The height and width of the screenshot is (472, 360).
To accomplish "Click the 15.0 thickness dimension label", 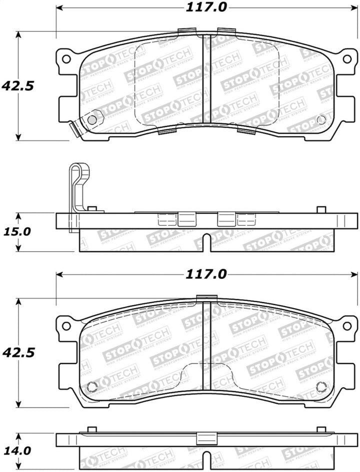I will [18, 232].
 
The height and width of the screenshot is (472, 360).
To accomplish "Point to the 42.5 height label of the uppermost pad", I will [17, 85].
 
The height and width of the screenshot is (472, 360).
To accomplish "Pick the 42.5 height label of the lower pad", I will [17, 353].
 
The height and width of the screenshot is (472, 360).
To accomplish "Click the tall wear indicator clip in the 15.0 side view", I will [77, 195].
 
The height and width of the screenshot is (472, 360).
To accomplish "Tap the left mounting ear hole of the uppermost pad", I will [65, 59].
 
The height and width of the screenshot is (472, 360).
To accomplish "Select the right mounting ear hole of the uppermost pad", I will [347, 59].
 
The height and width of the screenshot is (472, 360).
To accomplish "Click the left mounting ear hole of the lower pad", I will [65, 326].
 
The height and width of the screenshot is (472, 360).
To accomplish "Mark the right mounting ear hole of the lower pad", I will [347, 326].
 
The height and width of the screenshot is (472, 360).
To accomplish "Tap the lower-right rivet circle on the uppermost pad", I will [321, 119].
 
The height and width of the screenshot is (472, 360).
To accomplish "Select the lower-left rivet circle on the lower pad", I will [92, 386].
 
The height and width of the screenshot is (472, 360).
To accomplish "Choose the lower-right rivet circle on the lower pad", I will [321, 386].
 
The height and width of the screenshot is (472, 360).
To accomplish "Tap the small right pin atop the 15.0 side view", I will [321, 209].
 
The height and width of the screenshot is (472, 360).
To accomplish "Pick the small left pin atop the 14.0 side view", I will [91, 430].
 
